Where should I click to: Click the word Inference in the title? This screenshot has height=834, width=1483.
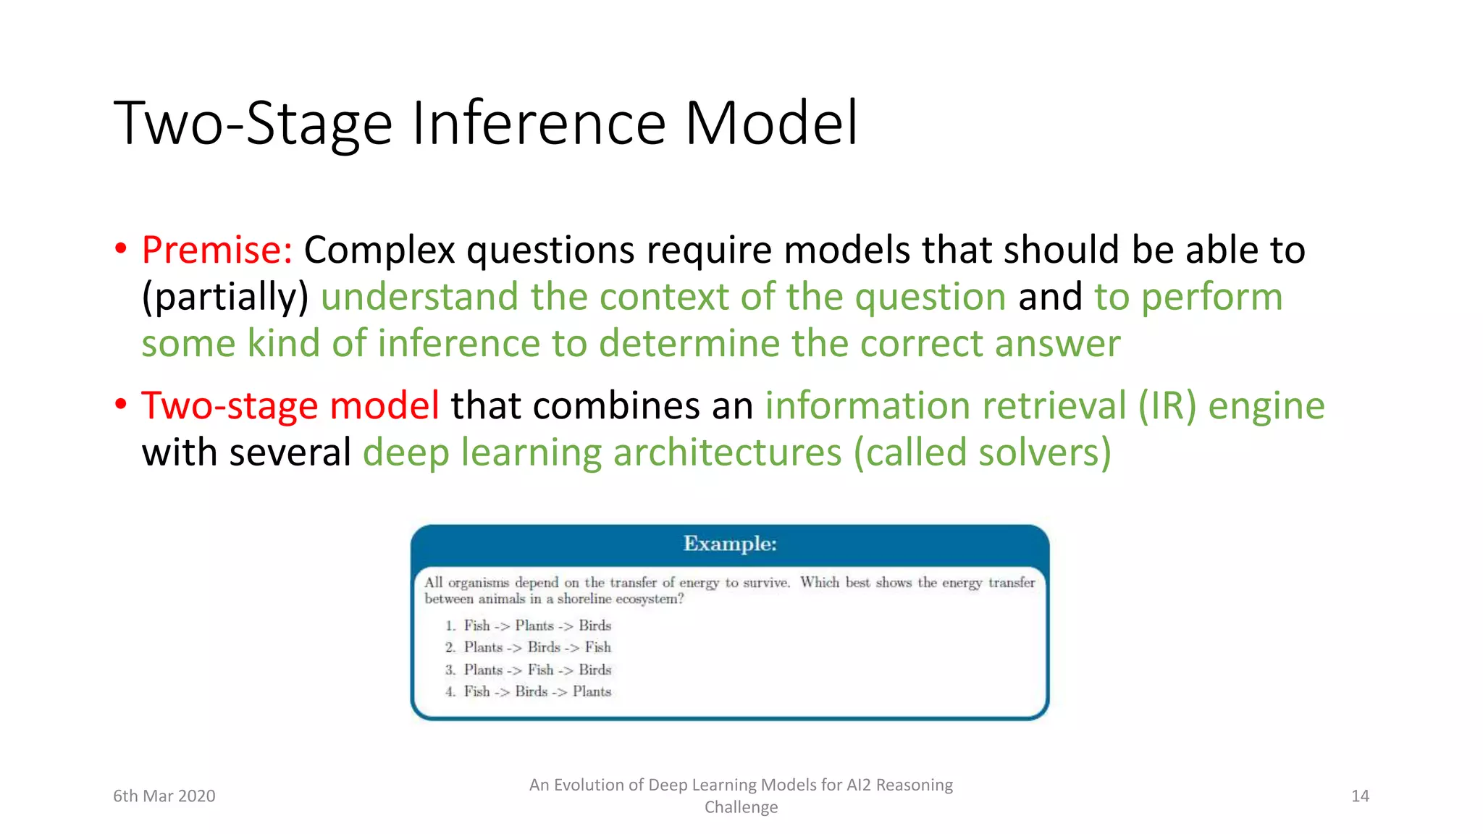click(x=539, y=123)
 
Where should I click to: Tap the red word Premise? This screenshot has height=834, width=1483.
click(x=217, y=250)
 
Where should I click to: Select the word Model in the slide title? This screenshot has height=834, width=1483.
click(x=771, y=123)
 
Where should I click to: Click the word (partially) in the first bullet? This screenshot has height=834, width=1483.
click(x=225, y=298)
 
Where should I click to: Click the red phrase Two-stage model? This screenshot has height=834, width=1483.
click(x=290, y=405)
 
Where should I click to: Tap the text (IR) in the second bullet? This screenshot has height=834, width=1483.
click(x=1167, y=405)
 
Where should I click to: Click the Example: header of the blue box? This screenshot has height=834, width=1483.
click(x=729, y=544)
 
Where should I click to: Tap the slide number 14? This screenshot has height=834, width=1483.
click(x=1360, y=796)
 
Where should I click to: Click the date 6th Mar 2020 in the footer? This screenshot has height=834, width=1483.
click(x=164, y=796)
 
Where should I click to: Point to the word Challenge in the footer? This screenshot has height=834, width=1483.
click(x=741, y=807)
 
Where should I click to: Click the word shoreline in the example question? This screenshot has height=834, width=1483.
click(x=584, y=599)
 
